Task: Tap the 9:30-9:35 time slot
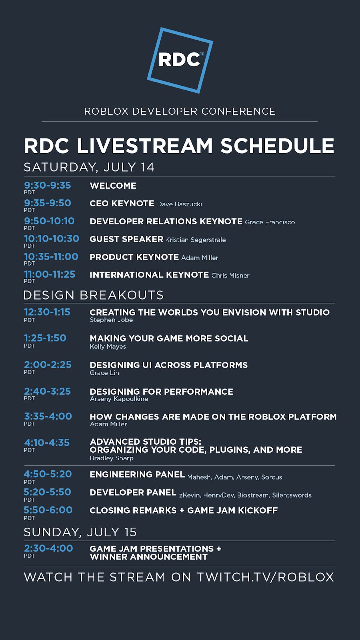pos(48,186)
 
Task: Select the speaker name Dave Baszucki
pos(180,204)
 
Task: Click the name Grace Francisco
pos(270,222)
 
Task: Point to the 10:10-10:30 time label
pos(52,238)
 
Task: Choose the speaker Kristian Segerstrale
pos(196,240)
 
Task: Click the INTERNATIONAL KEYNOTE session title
pos(149,275)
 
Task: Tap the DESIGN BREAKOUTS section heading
pos(94,295)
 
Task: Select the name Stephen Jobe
pos(111,320)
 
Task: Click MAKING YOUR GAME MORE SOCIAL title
pos(169,338)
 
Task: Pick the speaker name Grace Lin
pos(104,373)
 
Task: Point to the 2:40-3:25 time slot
pos(48,391)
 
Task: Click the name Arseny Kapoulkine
pos(119,399)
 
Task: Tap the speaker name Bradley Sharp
pos(112,458)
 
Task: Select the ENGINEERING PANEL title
pos(137,474)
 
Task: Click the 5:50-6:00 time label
pos(48,510)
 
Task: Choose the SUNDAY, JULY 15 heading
pos(80,532)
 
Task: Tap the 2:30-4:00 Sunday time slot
pos(48,548)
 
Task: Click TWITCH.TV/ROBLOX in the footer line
pos(265,577)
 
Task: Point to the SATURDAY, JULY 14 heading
pos(89,167)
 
